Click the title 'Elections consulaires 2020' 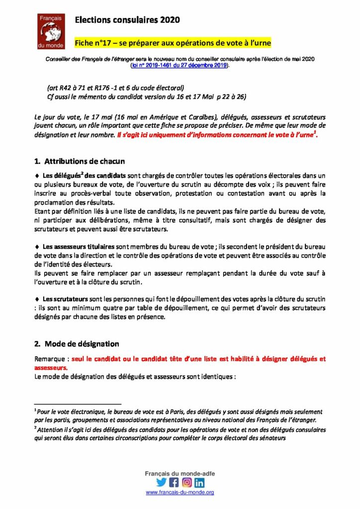tap(127, 20)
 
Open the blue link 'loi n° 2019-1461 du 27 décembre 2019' tap(179, 65)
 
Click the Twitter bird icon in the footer tap(161, 482)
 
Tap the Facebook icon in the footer tap(174, 482)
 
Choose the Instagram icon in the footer tap(186, 482)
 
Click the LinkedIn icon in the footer tap(199, 482)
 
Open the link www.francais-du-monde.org tap(180, 493)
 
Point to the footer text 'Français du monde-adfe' tap(180, 473)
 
